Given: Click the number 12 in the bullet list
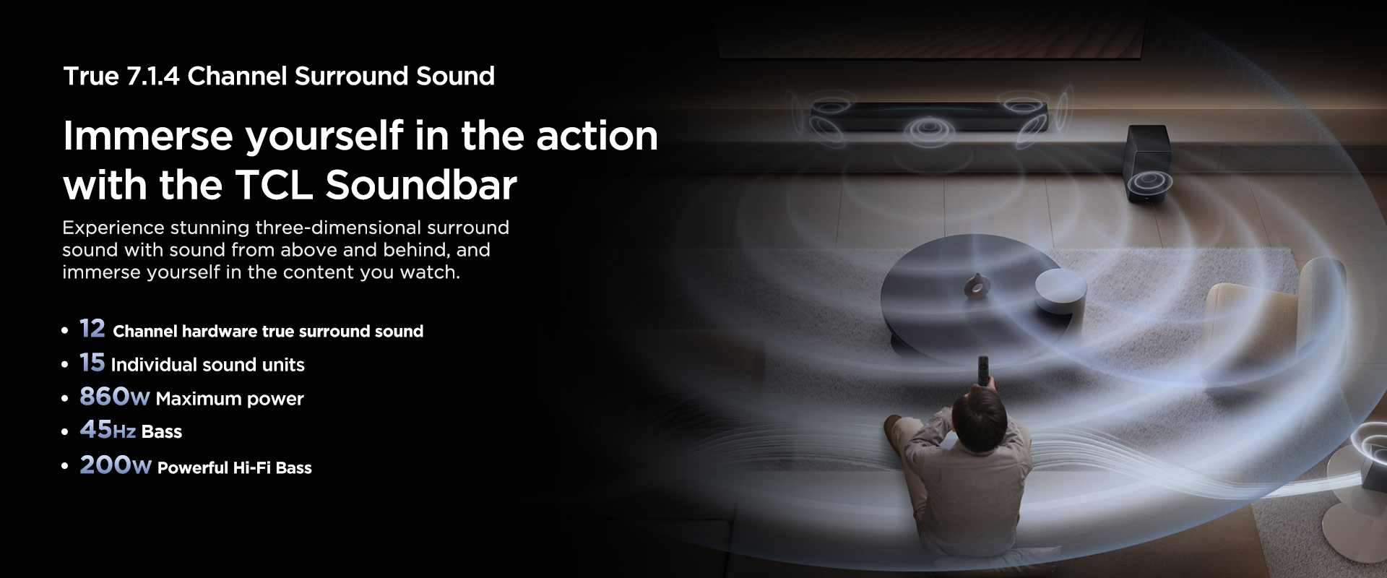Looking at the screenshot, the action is [x=92, y=329].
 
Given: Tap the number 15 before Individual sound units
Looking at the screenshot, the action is [x=92, y=362].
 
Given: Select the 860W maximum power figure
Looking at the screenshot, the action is [x=115, y=397].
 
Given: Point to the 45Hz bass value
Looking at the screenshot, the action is [x=108, y=430].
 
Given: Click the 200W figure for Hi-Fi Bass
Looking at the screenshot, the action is [x=116, y=465].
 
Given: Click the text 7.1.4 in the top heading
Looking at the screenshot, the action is [x=153, y=76].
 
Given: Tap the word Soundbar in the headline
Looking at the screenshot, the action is [x=421, y=185].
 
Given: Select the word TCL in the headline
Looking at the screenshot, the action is [x=274, y=185].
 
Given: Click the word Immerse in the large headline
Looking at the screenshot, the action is [x=148, y=136].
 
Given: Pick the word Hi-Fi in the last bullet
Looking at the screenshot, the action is [x=251, y=467].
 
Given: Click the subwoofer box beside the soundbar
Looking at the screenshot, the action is [x=1149, y=164].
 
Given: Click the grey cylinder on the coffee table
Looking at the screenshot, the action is [x=1060, y=292].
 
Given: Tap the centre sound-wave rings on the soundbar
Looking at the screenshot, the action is [x=930, y=131].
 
